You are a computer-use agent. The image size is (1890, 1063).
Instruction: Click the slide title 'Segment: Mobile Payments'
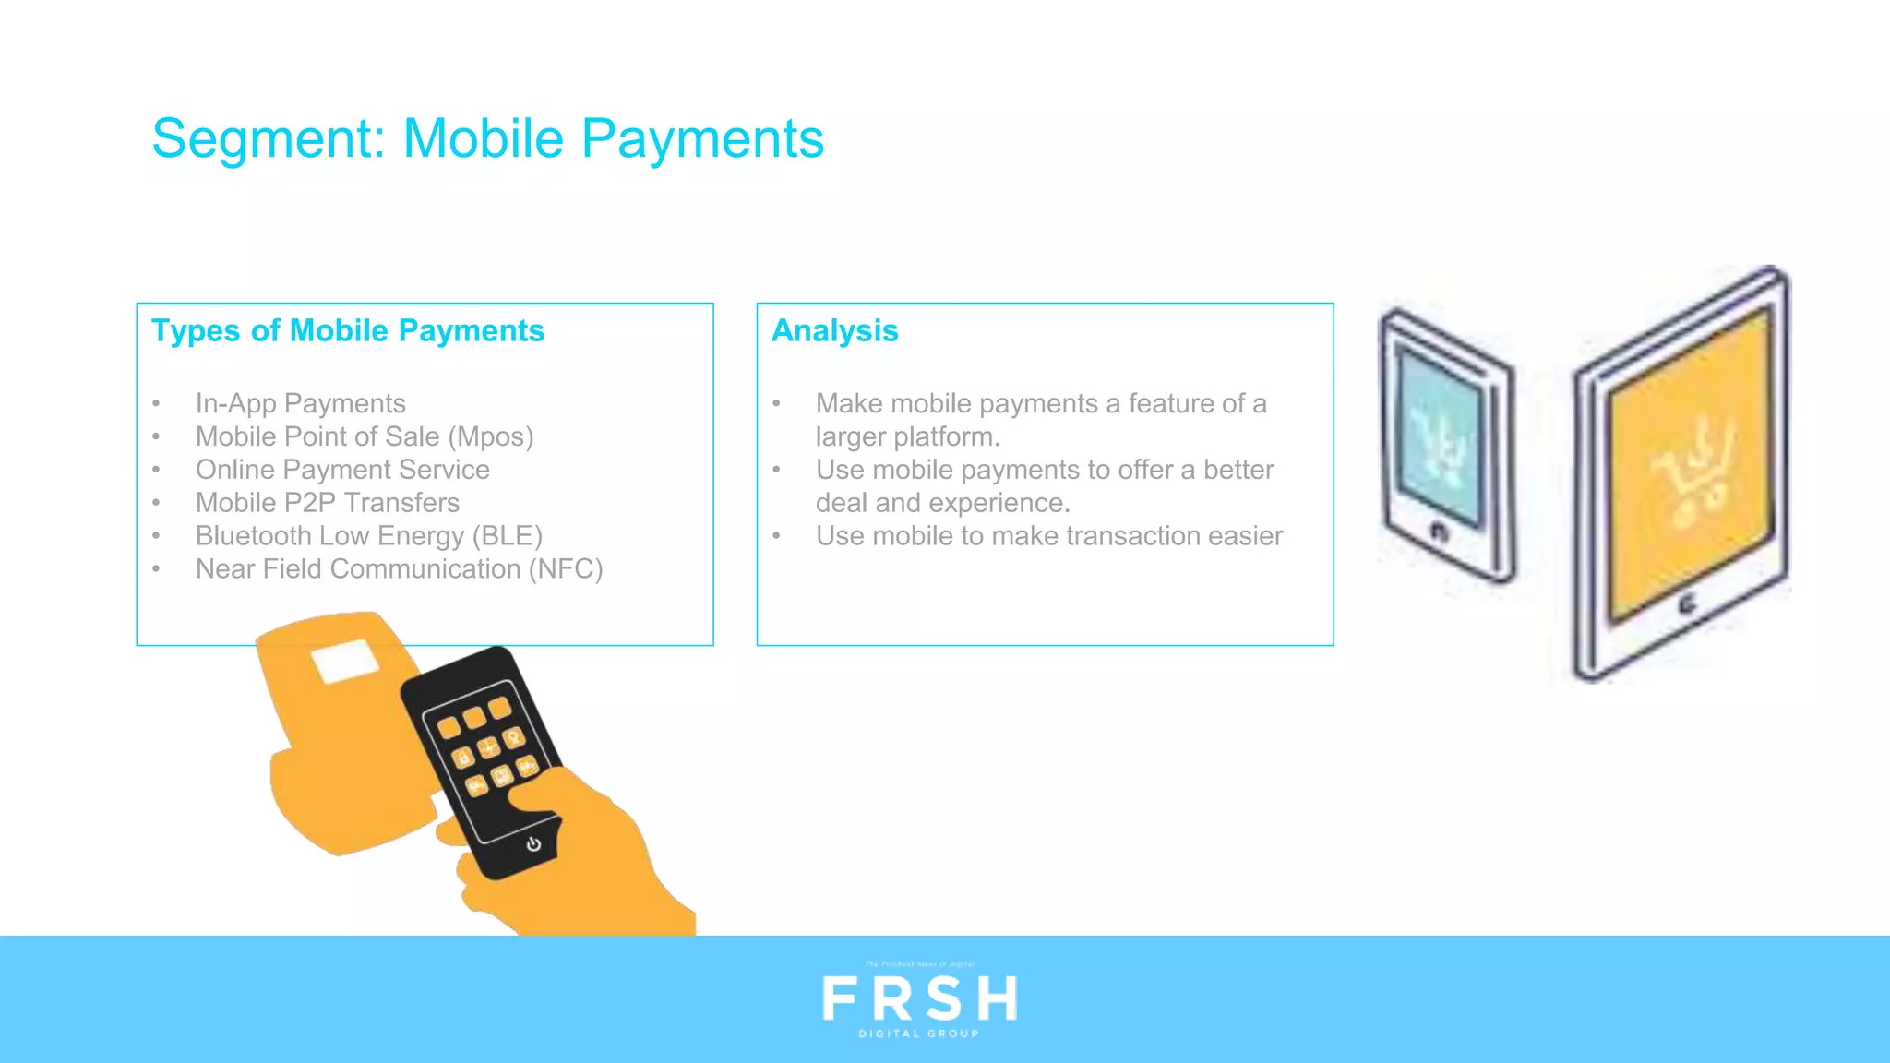point(487,139)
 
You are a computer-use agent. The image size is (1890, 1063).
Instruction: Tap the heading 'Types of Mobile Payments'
point(348,330)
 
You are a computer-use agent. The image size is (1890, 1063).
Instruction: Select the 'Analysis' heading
point(834,330)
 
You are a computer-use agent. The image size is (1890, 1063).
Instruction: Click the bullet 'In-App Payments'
point(300,403)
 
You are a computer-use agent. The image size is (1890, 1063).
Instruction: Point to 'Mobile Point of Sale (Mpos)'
point(365,436)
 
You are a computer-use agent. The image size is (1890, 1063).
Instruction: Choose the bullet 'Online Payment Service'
point(342,470)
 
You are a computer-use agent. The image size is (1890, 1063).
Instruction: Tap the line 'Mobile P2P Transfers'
point(327,503)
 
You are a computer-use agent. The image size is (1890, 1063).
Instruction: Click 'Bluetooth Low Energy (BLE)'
point(368,536)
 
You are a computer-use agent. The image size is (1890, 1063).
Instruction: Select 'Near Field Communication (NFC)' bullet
point(399,569)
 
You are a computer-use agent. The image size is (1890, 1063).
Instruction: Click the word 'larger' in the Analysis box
point(850,436)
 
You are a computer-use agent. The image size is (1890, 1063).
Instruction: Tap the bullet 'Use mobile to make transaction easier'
point(1048,536)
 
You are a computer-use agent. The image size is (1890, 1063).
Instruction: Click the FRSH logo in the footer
point(919,998)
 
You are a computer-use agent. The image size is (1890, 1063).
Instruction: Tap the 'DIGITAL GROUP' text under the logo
point(919,1033)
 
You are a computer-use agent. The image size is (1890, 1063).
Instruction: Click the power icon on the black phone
point(533,843)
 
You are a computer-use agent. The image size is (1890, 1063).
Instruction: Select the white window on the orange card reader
point(345,662)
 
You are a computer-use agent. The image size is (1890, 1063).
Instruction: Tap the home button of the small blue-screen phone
point(1439,531)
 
